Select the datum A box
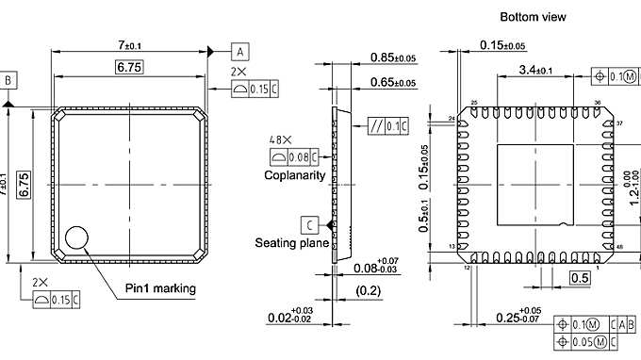coord(241,50)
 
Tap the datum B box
coord(8,80)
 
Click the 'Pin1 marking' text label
coord(160,287)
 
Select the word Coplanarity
coord(294,175)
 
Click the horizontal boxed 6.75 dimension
coord(129,67)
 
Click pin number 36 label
coord(597,103)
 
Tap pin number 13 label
coord(451,247)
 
